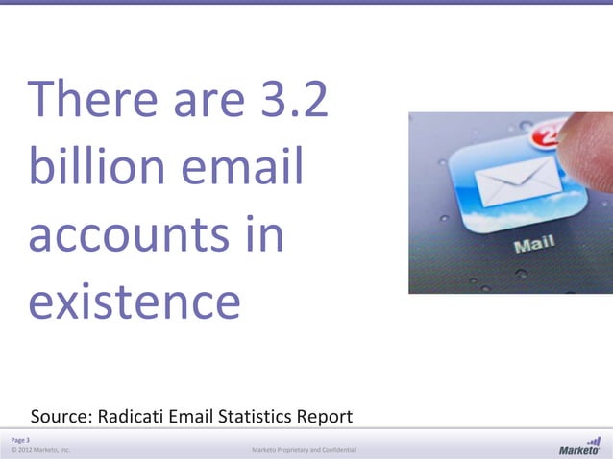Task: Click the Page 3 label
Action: coord(20,439)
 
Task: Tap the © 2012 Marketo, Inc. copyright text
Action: coord(40,449)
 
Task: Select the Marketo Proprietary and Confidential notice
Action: coord(304,449)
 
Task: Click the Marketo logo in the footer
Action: coord(579,447)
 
